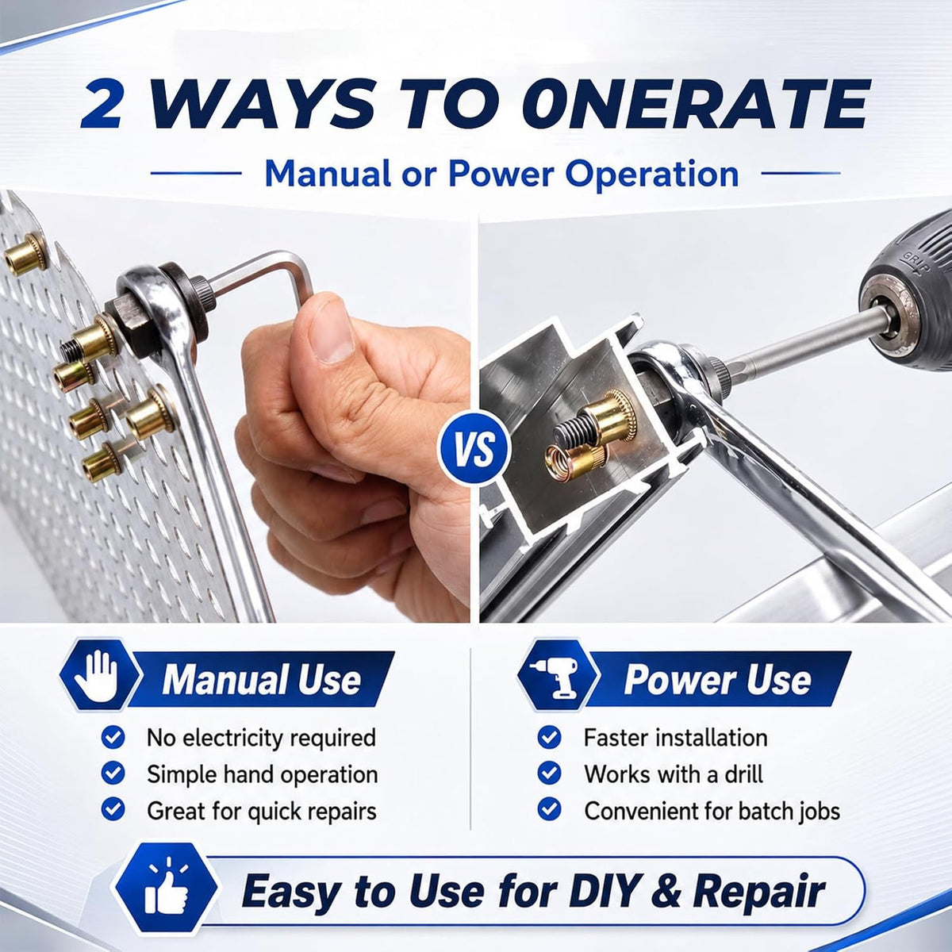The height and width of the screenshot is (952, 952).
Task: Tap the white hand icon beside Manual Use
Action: tap(96, 676)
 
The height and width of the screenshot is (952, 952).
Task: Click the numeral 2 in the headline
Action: tap(103, 106)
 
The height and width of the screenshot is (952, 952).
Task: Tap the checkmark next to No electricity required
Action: tap(113, 738)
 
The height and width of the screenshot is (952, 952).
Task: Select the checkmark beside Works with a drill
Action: tap(549, 773)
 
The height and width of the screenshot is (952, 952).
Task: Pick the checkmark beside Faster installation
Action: tap(549, 738)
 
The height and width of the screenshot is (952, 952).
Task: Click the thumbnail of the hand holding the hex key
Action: tap(235, 407)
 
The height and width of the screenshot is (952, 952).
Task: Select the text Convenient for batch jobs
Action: tap(712, 811)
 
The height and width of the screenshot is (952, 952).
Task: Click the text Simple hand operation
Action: tap(263, 774)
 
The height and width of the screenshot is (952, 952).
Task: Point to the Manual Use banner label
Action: tap(261, 679)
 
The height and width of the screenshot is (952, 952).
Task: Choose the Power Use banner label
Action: tap(717, 679)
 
